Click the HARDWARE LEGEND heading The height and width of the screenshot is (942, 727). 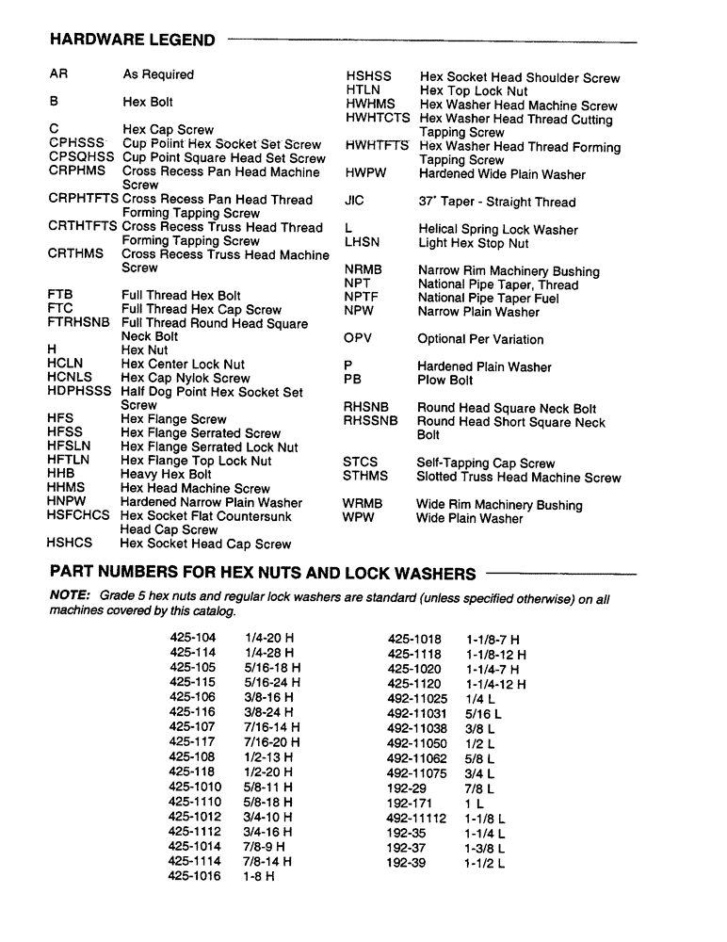click(132, 40)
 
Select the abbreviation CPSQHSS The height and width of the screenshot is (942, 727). click(81, 158)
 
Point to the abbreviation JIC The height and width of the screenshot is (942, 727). click(354, 202)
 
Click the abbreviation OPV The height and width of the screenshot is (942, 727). click(358, 339)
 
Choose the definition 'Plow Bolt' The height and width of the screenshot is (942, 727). click(445, 381)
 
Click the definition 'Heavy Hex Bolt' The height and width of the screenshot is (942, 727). click(166, 475)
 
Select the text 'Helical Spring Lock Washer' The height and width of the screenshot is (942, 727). click(498, 230)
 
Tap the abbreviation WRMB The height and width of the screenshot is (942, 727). click(363, 505)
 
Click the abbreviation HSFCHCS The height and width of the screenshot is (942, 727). click(78, 516)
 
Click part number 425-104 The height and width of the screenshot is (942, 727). click(192, 639)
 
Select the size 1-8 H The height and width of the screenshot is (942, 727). click(259, 876)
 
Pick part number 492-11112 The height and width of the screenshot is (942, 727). click(416, 820)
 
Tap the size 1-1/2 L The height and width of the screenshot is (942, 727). click(484, 862)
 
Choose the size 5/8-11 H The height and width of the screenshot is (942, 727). click(267, 787)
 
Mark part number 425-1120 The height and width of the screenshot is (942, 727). click(414, 684)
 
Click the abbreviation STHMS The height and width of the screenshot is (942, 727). click(365, 478)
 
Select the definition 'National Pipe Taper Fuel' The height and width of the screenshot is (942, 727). click(488, 299)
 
